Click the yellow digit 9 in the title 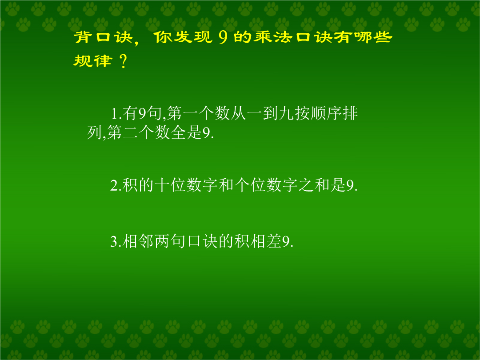(223, 37)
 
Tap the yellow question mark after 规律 (124, 61)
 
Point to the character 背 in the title (83, 37)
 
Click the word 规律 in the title (92, 60)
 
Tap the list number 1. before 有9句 (116, 114)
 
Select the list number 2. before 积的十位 (116, 185)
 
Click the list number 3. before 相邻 (116, 241)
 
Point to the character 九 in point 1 (287, 113)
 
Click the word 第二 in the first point (123, 132)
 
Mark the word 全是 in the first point (186, 132)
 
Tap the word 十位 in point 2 (170, 185)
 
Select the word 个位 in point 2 (250, 185)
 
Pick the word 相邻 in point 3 (138, 241)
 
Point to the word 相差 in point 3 (266, 241)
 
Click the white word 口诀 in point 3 (202, 241)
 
